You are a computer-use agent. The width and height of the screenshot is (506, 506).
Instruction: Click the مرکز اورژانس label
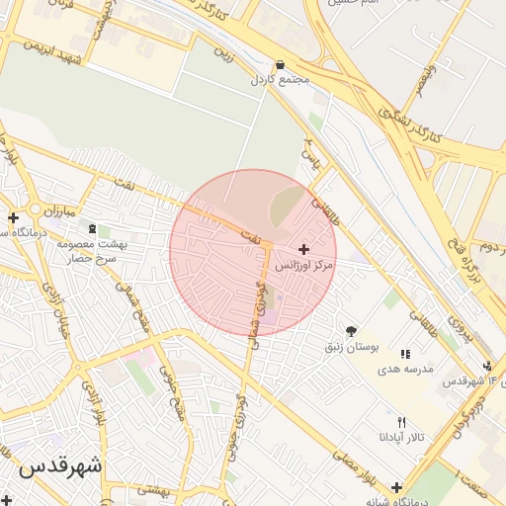tap(303, 266)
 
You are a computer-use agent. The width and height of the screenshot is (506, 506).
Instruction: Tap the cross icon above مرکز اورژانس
tap(302, 249)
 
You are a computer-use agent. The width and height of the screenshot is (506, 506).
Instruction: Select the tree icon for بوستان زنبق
tap(352, 331)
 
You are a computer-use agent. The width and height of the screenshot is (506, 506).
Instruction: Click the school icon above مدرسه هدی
tap(404, 354)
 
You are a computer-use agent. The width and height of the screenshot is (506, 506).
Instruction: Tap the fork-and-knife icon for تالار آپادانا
tap(401, 422)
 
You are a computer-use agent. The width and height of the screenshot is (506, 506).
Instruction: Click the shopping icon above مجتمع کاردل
tap(282, 62)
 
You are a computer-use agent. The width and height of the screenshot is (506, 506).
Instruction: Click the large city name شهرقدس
tap(60, 464)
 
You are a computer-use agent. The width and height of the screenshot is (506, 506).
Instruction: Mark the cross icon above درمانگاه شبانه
tap(397, 487)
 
